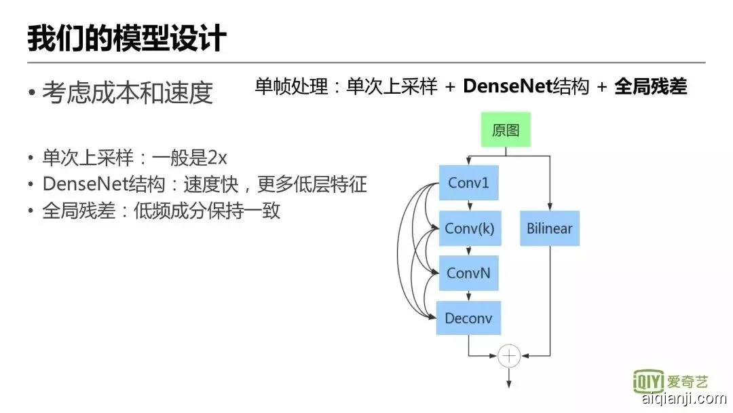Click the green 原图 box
[506, 130]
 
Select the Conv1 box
[468, 183]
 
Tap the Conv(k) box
[469, 229]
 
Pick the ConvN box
[468, 274]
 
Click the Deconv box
[468, 318]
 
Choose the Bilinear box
[549, 228]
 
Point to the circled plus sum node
[508, 355]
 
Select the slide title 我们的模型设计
[126, 39]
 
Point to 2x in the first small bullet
[217, 158]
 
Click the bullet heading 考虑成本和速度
[128, 93]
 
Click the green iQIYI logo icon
[647, 382]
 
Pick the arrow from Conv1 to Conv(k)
[468, 206]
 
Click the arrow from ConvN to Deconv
[468, 296]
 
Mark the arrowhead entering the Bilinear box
[549, 208]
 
